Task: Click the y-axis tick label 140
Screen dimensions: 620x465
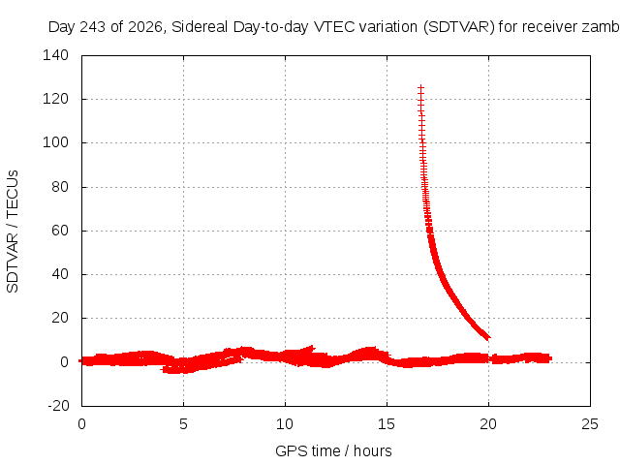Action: (55, 55)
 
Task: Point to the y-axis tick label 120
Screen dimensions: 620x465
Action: (55, 99)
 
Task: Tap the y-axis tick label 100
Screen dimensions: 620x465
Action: (55, 142)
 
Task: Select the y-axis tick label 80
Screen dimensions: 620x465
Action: (60, 187)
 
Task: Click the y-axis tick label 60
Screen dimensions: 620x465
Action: (60, 231)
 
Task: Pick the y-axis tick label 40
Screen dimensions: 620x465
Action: (60, 274)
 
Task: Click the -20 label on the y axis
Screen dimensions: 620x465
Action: (58, 406)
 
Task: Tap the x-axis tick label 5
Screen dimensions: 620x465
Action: (183, 424)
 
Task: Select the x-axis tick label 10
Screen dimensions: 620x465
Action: (285, 424)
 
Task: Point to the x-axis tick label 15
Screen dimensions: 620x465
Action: (387, 424)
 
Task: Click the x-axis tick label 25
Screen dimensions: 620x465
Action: (590, 424)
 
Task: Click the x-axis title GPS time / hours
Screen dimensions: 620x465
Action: (333, 451)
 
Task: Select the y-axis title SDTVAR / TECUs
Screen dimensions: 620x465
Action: (13, 232)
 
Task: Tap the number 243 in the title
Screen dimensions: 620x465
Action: (93, 27)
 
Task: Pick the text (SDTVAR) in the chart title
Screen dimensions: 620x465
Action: (458, 27)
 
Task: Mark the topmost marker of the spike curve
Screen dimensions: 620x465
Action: (420, 88)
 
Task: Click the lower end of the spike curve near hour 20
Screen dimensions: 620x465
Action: (487, 337)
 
